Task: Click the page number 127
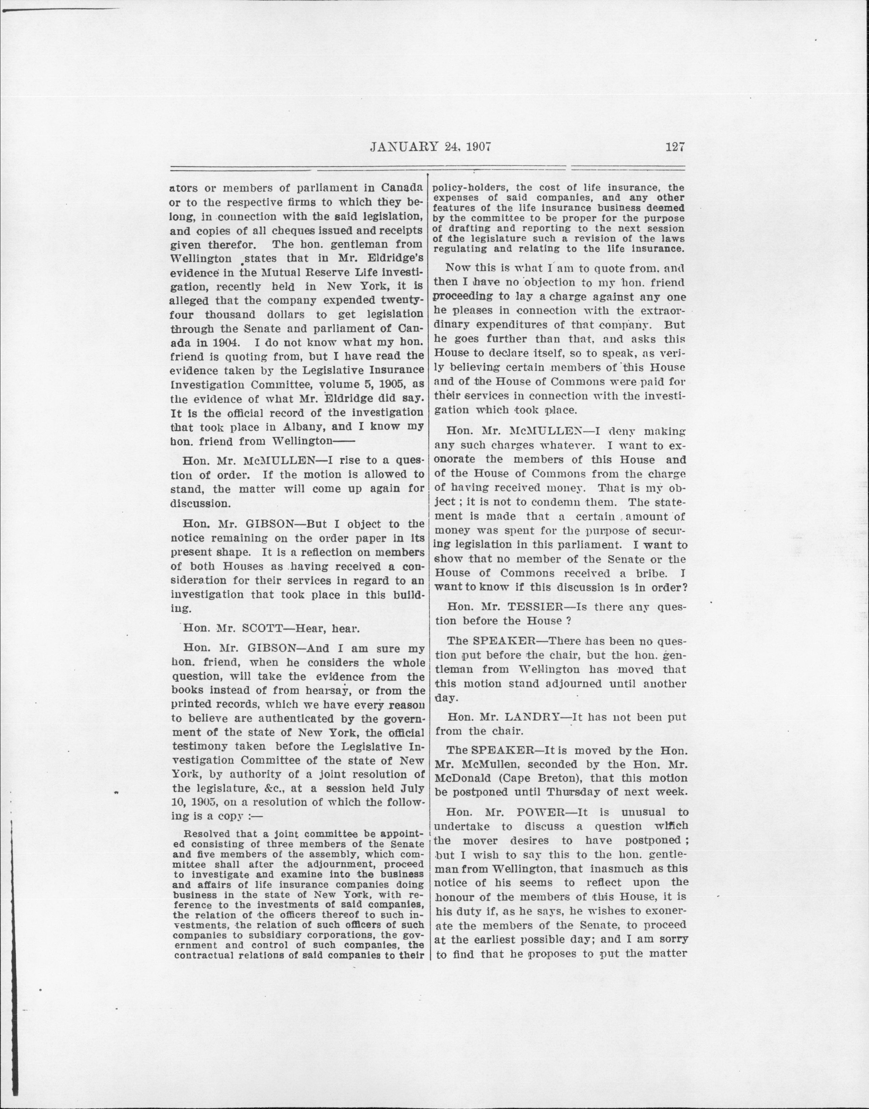[675, 148]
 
